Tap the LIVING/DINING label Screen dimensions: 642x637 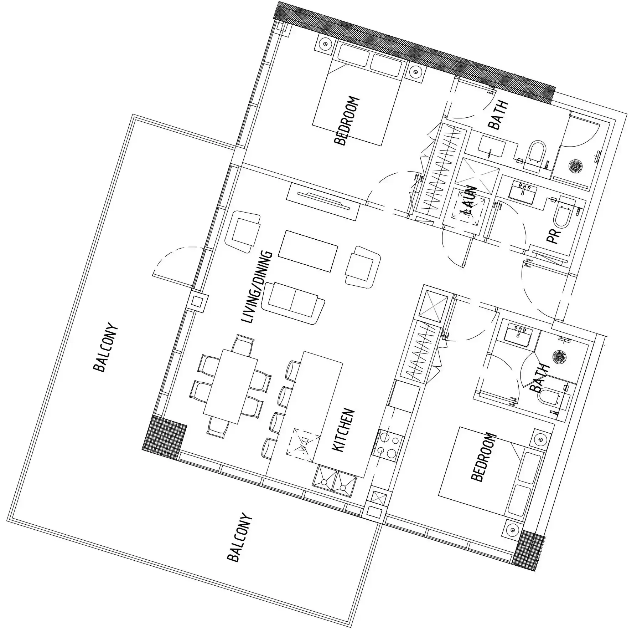coord(257,287)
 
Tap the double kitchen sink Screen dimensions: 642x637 coord(334,481)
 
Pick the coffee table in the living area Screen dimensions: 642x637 coord(308,251)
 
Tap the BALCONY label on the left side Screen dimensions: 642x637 coord(104,347)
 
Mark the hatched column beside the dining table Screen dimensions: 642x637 coord(164,437)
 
